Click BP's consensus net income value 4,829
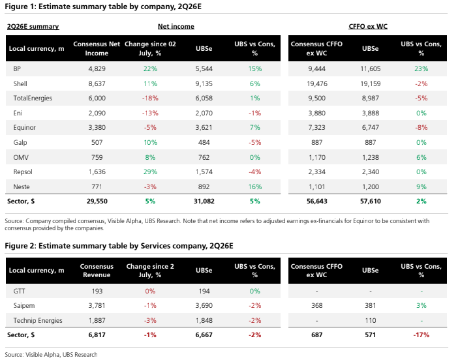(97, 69)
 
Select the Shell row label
(20, 84)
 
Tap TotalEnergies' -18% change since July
(150, 98)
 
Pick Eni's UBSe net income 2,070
(204, 113)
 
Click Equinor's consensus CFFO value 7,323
(317, 128)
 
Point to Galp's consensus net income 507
(97, 142)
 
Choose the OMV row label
(21, 157)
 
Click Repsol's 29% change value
(150, 172)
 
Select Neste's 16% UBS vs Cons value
(255, 187)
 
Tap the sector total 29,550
(97, 202)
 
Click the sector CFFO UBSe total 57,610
(371, 202)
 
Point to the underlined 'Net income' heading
(176, 26)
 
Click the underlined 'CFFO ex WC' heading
(368, 26)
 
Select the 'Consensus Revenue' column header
(97, 271)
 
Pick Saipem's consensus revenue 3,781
(97, 306)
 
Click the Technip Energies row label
(38, 321)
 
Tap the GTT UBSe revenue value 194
(204, 292)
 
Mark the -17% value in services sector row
(422, 335)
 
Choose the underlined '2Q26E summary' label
(33, 27)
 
